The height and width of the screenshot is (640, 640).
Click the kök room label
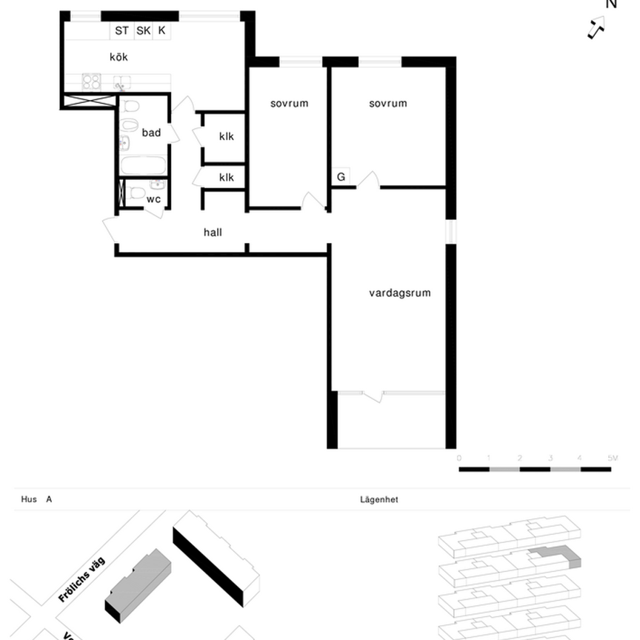click(x=119, y=57)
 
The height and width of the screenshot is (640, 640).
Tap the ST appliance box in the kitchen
click(x=121, y=31)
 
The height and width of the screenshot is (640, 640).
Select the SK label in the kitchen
click(x=143, y=31)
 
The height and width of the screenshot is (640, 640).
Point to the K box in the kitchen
click(x=162, y=31)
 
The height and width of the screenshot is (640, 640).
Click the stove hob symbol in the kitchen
click(x=91, y=81)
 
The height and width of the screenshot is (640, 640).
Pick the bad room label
click(x=151, y=133)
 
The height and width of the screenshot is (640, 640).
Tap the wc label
click(x=153, y=199)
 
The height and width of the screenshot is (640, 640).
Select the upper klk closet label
click(x=226, y=136)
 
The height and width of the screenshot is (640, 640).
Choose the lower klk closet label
click(x=226, y=178)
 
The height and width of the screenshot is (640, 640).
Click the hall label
click(x=213, y=233)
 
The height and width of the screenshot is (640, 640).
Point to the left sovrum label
click(x=289, y=104)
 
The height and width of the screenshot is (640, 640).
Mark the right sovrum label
click(x=388, y=104)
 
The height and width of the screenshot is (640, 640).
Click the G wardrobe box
click(x=341, y=177)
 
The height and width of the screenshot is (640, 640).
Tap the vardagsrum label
click(x=400, y=293)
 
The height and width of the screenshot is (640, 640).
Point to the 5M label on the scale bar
click(x=613, y=459)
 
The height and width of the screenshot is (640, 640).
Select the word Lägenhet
click(x=379, y=500)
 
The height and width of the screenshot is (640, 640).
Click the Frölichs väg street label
click(x=81, y=579)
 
